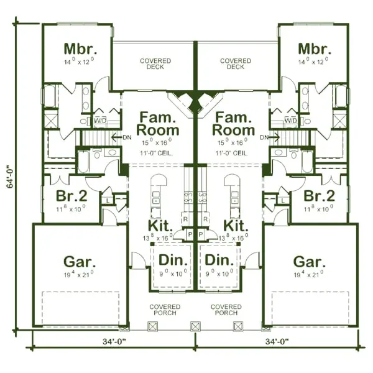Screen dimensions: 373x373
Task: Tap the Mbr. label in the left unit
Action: (x=78, y=49)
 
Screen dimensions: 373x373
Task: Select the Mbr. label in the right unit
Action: (x=313, y=49)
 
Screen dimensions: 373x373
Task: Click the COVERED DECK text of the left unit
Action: (x=155, y=64)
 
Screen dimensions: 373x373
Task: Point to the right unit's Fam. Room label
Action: (x=234, y=124)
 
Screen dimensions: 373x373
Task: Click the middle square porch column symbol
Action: (x=195, y=326)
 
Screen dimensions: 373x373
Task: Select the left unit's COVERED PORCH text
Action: (x=165, y=310)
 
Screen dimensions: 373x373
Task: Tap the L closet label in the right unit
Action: (x=282, y=200)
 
